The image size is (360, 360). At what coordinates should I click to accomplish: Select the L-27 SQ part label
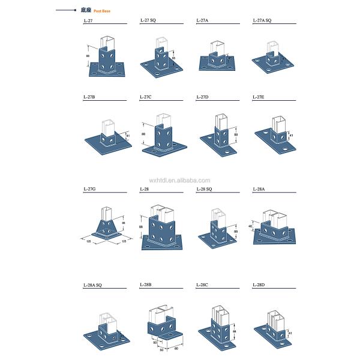pyautogui.click(x=148, y=20)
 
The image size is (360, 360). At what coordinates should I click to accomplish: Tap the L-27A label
pyautogui.click(x=202, y=20)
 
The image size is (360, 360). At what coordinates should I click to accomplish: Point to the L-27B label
pyautogui.click(x=89, y=97)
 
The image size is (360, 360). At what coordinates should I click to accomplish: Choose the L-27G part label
pyautogui.click(x=89, y=189)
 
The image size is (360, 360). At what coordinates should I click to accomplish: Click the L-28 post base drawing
pyautogui.click(x=161, y=229)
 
